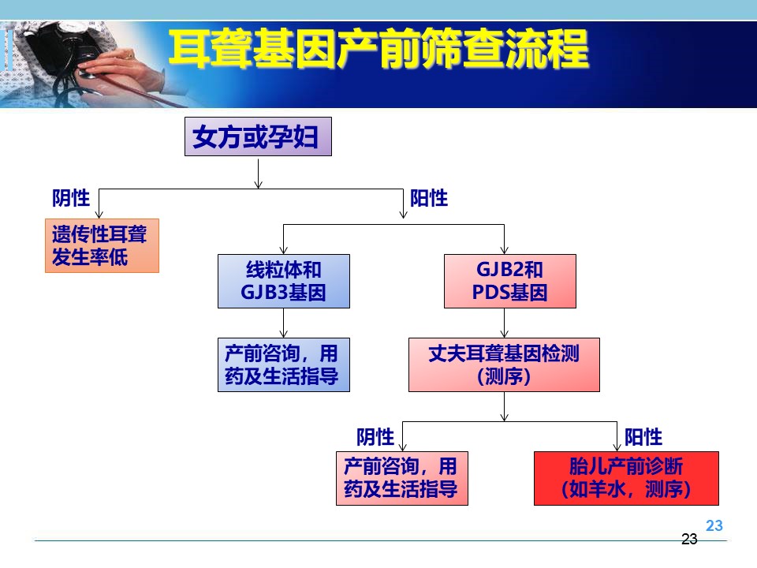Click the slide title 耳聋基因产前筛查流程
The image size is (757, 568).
tap(379, 49)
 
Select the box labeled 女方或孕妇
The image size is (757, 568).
tap(259, 136)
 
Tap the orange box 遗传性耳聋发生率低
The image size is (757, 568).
tap(102, 245)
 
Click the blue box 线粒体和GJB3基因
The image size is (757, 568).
tap(284, 281)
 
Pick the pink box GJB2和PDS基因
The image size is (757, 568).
tap(510, 281)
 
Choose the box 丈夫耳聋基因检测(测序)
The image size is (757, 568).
tap(504, 364)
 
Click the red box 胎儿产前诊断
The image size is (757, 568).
tap(626, 478)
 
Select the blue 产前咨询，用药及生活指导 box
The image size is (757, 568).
tap(284, 364)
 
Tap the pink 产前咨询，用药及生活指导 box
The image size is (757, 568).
tap(401, 478)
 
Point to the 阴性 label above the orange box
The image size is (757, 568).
tap(71, 198)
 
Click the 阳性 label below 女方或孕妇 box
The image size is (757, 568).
tap(429, 198)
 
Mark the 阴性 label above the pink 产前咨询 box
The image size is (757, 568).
tap(375, 437)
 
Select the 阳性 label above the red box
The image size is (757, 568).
tap(643, 437)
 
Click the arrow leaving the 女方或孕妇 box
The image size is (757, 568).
tap(259, 173)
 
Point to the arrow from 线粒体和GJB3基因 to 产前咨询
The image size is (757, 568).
tap(283, 323)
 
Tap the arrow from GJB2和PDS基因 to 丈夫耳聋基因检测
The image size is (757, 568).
tap(504, 323)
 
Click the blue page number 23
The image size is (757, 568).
tap(714, 525)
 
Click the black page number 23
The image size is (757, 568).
tap(689, 539)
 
